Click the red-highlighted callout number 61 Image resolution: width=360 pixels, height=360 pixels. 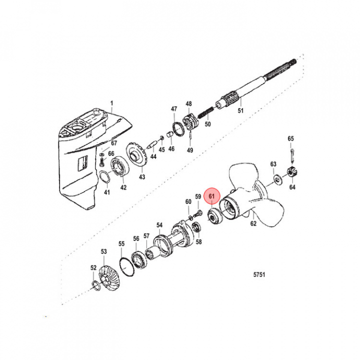tap(212, 196)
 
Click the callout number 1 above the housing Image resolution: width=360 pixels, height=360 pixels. tap(112, 103)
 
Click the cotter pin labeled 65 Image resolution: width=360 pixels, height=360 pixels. tap(291, 154)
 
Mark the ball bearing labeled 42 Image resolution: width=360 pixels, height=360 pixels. tap(120, 167)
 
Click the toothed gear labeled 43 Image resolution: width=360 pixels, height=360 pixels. tap(135, 156)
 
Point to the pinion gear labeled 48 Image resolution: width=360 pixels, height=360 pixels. tap(189, 121)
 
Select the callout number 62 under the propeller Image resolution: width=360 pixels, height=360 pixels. tap(253, 224)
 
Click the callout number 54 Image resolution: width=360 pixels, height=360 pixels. tap(159, 224)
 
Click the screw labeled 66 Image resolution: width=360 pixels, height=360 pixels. tap(101, 163)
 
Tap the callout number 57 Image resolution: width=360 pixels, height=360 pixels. tap(146, 235)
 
